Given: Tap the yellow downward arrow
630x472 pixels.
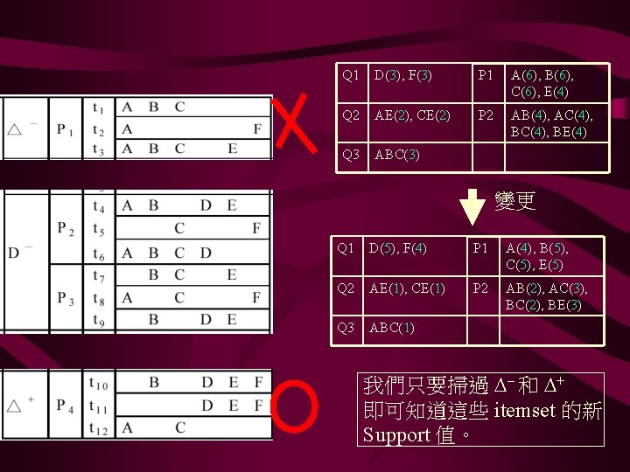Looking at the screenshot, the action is tap(472, 206).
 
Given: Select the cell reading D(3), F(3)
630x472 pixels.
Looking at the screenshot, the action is tap(402, 75).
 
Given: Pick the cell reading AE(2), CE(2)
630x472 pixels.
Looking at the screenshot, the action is tap(412, 115).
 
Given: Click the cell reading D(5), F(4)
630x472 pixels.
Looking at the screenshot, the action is tap(397, 248).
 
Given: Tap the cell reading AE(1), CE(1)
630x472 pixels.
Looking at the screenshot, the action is tap(407, 288).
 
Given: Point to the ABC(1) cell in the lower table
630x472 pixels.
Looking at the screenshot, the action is tap(392, 328).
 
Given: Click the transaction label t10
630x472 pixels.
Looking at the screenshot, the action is tap(100, 383).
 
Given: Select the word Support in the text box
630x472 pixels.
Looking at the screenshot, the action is tap(396, 434).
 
